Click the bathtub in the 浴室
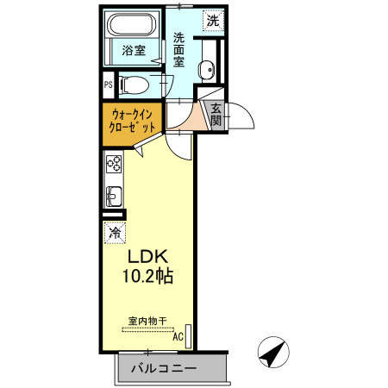pyautogui.click(x=132, y=24)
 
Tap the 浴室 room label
pyautogui.click(x=134, y=51)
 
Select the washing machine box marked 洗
pyautogui.click(x=213, y=21)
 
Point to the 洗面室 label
pyautogui.click(x=178, y=50)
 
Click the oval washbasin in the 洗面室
pyautogui.click(x=207, y=70)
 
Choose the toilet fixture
pyautogui.click(x=135, y=85)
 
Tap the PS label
pyautogui.click(x=109, y=84)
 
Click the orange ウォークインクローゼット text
pyautogui.click(x=132, y=121)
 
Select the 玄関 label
pyautogui.click(x=216, y=115)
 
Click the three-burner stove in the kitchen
pyautogui.click(x=114, y=164)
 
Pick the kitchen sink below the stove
pyautogui.click(x=114, y=197)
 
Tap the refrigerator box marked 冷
pyautogui.click(x=115, y=233)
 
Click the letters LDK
pyautogui.click(x=147, y=257)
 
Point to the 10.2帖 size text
pyautogui.click(x=147, y=276)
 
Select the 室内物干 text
pyautogui.click(x=147, y=321)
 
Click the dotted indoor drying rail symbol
pyautogui.click(x=147, y=329)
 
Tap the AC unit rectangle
pyautogui.click(x=189, y=336)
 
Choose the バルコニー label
pyautogui.click(x=164, y=368)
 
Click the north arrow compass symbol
pyautogui.click(x=273, y=352)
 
